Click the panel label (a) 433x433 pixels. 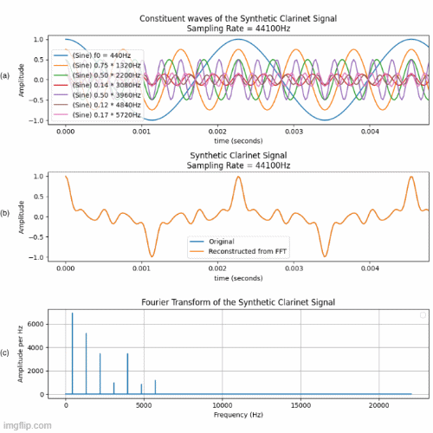(6, 76)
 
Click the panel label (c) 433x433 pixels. (6, 352)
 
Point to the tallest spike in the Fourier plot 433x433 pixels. (73, 313)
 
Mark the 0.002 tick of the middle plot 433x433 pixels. (218, 268)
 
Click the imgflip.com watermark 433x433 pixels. (26, 425)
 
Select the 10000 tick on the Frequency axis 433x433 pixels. (223, 404)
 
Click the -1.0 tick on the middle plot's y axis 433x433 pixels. (50, 257)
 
